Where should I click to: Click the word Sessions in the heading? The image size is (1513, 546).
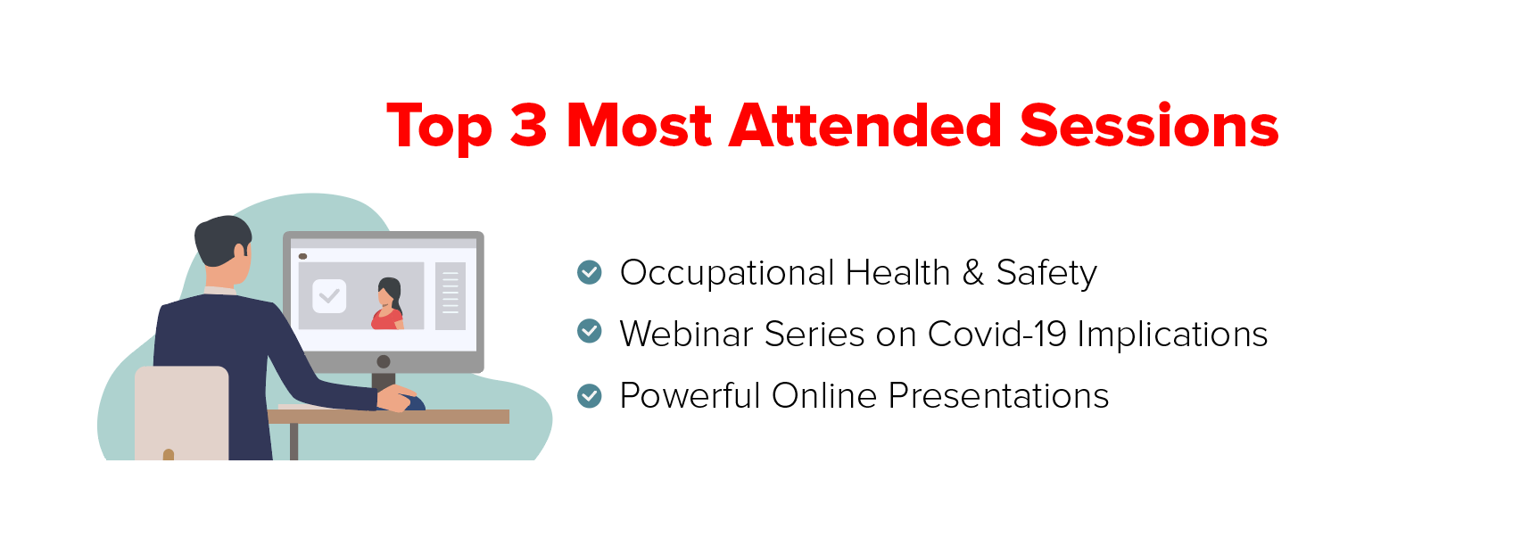[x=1149, y=126]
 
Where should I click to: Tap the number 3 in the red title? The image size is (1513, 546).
[x=528, y=125]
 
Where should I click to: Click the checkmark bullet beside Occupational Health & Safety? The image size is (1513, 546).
[x=590, y=272]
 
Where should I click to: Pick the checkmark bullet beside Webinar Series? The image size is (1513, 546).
[x=590, y=331]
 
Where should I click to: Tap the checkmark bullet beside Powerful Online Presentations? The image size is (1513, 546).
[x=590, y=396]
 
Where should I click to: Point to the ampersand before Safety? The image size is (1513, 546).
[x=972, y=273]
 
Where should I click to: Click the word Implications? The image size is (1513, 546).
[x=1172, y=335]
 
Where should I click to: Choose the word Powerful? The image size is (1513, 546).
[x=690, y=395]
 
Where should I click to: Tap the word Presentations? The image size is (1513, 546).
[x=998, y=395]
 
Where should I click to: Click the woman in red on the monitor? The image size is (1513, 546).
[x=388, y=303]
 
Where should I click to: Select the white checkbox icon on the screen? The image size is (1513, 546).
[x=329, y=296]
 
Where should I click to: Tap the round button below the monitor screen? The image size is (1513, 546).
[x=384, y=361]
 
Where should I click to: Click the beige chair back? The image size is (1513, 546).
[x=182, y=413]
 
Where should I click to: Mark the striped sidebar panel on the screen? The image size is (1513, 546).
[x=451, y=296]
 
